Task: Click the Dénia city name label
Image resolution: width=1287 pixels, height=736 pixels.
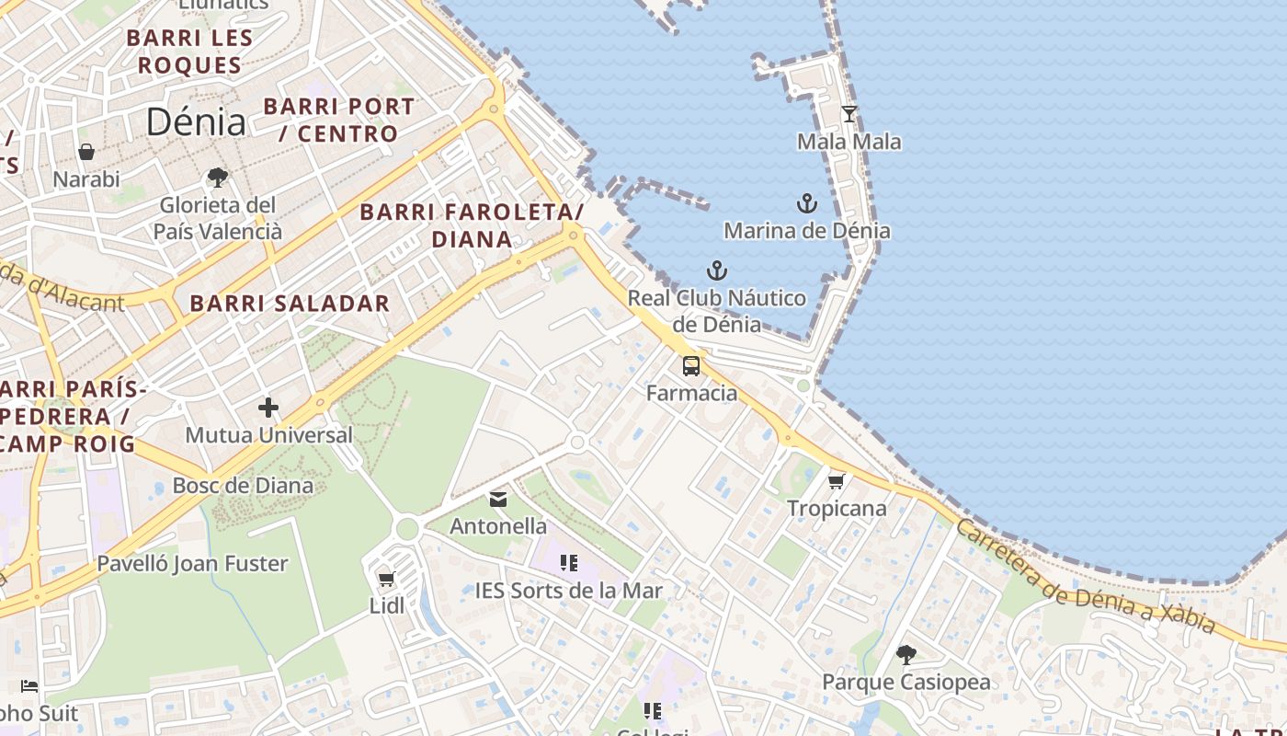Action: pos(196,121)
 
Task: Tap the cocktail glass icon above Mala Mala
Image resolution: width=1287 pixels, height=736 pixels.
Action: pos(849,114)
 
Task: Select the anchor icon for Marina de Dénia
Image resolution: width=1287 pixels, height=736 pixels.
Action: pos(806,203)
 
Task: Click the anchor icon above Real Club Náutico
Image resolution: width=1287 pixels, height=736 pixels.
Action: pos(716,270)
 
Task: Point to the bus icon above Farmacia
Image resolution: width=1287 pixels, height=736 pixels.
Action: pos(691,366)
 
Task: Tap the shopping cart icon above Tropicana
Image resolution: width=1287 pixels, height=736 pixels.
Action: pos(837,481)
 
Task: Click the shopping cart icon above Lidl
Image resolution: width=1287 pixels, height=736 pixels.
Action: pos(387,580)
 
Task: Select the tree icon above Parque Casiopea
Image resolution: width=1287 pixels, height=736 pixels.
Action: pos(906,655)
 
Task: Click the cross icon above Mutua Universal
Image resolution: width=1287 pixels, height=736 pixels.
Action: pos(268,407)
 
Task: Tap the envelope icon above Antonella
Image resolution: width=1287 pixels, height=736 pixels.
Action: pos(498,500)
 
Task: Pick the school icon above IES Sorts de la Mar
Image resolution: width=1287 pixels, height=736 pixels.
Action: pos(569,562)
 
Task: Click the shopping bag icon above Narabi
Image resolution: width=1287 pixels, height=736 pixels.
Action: pos(86,152)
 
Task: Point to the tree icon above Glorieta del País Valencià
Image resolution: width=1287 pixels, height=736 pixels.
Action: pos(218,177)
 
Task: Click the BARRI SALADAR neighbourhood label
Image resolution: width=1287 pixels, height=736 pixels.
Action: pos(290,303)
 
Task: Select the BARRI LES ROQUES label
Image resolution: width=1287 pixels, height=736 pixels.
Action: pos(189,52)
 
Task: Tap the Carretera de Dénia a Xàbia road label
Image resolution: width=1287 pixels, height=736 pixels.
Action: pos(1085,576)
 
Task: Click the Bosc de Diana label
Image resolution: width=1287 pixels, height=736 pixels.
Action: pos(243,485)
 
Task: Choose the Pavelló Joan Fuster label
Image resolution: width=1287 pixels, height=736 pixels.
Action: pos(192,563)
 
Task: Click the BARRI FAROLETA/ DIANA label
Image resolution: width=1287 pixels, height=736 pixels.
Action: pos(472,225)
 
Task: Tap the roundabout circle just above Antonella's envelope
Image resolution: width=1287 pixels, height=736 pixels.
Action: pos(577,443)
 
